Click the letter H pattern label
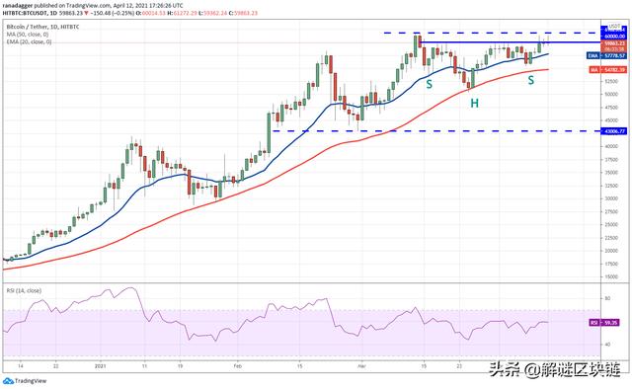[475, 103]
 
